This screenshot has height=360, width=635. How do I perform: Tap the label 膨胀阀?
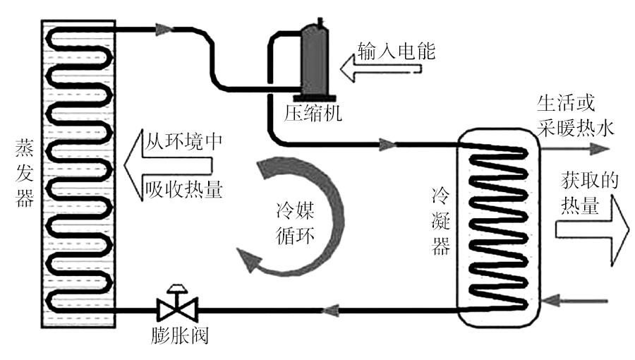click(180, 336)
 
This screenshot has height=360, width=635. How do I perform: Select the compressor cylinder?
click(315, 61)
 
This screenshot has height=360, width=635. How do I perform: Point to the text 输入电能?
click(397, 52)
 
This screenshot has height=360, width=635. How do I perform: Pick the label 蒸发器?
click(24, 173)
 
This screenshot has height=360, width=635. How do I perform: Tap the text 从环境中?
click(184, 141)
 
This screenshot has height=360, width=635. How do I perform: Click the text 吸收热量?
click(184, 188)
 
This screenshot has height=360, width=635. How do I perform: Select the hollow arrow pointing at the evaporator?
click(168, 165)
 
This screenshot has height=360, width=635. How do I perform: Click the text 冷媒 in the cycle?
click(295, 210)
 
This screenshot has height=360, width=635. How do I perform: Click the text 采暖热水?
click(576, 128)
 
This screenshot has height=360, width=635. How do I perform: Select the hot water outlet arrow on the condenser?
click(574, 149)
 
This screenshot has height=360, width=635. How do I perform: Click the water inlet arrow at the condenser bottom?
click(574, 301)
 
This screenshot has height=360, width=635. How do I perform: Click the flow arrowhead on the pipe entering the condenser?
click(387, 144)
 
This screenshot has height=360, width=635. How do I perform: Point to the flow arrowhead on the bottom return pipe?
click(330, 311)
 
